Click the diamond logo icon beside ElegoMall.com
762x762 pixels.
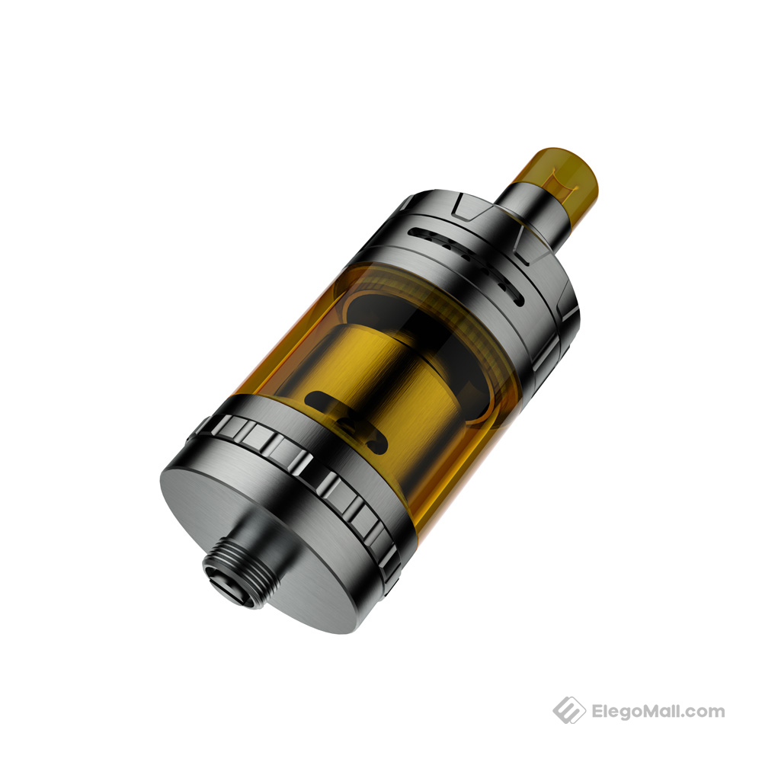point(568,711)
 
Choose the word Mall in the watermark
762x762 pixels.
point(669,712)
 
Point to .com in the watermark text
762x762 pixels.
point(709,712)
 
